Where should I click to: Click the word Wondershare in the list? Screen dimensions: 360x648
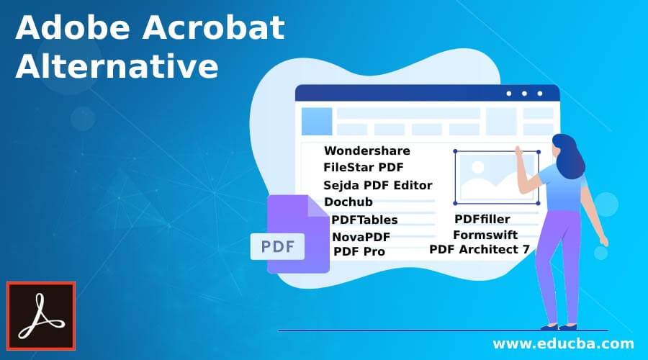366,150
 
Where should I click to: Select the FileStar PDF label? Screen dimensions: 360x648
363,167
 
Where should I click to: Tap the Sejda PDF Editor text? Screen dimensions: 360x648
377,185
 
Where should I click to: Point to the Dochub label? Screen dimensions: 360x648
348,202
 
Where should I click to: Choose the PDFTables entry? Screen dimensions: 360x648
364,220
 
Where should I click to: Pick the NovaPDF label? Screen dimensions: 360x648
361,237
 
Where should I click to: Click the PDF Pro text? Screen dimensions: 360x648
359,251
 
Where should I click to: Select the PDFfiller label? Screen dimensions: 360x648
482,218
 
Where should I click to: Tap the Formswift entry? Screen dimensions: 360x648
485,235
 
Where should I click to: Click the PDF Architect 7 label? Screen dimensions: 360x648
479,249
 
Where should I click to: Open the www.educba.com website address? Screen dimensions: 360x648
562,343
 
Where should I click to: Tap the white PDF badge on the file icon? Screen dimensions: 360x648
277,247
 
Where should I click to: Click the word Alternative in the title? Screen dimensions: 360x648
117,67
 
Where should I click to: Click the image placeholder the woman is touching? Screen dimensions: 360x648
496,177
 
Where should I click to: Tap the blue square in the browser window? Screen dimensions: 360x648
316,122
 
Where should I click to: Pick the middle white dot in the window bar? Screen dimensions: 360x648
524,94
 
